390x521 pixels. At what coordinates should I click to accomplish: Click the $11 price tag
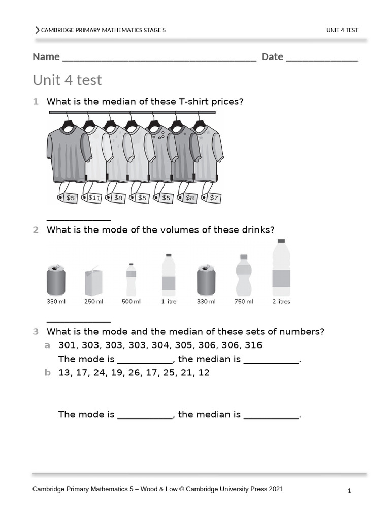94,198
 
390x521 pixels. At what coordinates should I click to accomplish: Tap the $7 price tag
214,198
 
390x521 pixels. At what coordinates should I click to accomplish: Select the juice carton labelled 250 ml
93,282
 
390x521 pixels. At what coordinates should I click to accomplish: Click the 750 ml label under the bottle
244,302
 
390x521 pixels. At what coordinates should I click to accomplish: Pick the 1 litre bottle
169,275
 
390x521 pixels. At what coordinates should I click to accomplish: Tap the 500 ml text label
131,302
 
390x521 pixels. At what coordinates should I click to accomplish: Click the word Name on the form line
46,56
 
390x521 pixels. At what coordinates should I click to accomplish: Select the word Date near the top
272,56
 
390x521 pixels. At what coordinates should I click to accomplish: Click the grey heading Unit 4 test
67,80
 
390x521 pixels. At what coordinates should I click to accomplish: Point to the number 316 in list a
253,345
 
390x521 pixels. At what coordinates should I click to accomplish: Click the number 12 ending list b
204,372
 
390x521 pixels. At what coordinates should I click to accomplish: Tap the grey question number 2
36,230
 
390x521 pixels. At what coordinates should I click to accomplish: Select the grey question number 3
36,332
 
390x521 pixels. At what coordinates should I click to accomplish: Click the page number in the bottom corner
349,491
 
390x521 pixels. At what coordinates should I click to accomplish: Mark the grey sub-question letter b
48,372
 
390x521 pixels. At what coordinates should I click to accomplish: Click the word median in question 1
117,102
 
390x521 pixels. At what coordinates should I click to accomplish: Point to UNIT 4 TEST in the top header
342,30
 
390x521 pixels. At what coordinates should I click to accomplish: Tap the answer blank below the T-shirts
79,219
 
